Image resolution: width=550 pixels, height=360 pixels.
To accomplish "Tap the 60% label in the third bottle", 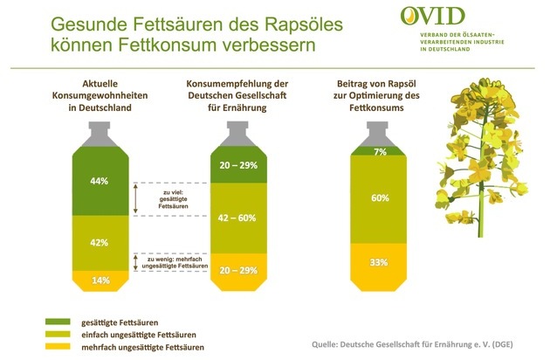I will (x=380, y=198).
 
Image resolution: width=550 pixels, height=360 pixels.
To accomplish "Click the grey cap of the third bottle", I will (x=380, y=133).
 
